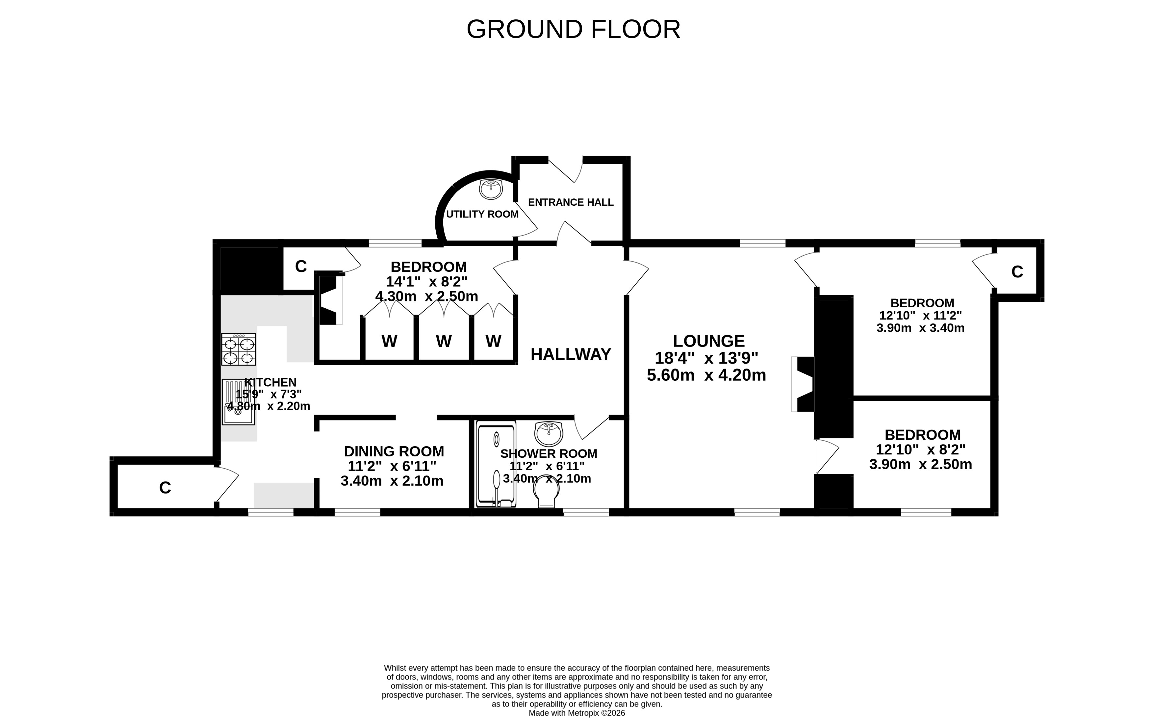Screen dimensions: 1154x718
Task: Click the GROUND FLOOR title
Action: pyautogui.click(x=573, y=29)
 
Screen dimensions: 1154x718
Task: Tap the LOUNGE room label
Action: pyautogui.click(x=708, y=341)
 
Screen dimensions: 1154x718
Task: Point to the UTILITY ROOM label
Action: pyautogui.click(x=482, y=214)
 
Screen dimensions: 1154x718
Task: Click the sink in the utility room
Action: pyautogui.click(x=491, y=189)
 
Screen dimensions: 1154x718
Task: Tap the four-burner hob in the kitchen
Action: pyautogui.click(x=238, y=349)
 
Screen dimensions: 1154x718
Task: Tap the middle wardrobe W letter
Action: pyautogui.click(x=444, y=341)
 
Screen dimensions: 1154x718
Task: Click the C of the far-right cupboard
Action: pyautogui.click(x=1017, y=271)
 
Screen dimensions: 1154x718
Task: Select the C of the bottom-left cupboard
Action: pyautogui.click(x=165, y=488)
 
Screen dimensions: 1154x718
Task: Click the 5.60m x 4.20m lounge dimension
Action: pyautogui.click(x=706, y=375)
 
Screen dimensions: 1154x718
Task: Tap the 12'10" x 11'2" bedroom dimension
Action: pyautogui.click(x=920, y=315)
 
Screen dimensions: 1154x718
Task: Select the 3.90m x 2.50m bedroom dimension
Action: pyautogui.click(x=920, y=464)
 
